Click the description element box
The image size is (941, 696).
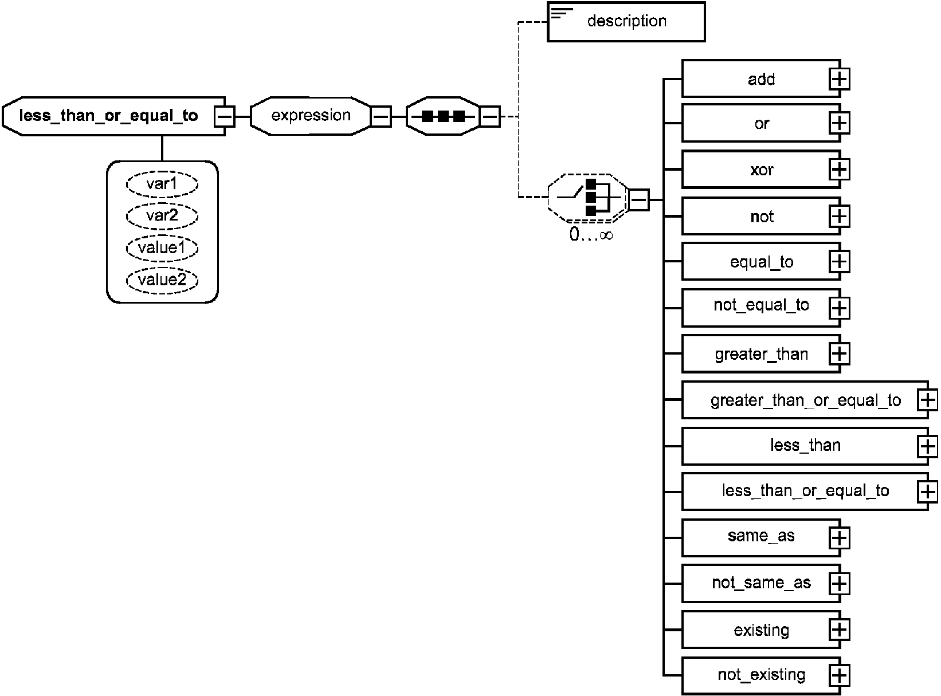(626, 22)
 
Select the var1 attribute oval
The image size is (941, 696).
(162, 184)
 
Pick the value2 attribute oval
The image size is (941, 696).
(162, 280)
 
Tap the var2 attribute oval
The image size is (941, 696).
(162, 216)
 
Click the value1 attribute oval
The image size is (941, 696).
(162, 248)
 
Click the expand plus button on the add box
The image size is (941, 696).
(839, 79)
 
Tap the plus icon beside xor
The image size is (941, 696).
(839, 170)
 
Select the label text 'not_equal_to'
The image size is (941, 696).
(761, 305)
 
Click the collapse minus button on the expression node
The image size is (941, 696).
(381, 116)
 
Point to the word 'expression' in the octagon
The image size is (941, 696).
(311, 115)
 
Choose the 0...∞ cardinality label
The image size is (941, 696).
(591, 234)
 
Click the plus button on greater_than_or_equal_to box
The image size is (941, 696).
(927, 400)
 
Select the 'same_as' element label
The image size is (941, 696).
(761, 536)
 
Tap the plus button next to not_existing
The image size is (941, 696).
(839, 675)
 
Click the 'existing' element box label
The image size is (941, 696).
(762, 630)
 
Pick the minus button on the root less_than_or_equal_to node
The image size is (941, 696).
(225, 116)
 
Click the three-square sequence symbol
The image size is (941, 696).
(443, 116)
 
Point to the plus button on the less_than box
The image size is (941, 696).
(927, 446)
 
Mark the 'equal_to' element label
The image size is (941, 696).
(762, 262)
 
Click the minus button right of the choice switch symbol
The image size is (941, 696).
(638, 199)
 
